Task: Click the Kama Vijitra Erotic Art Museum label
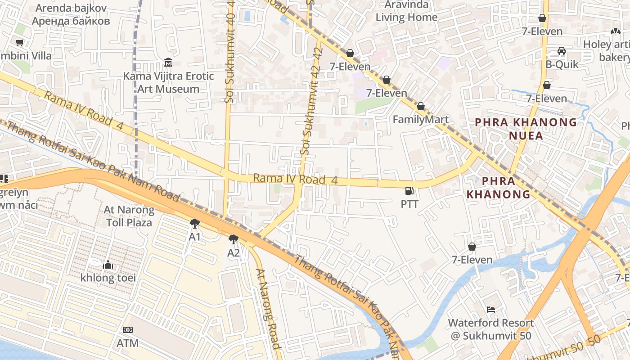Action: (x=168, y=82)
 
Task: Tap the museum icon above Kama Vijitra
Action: (x=168, y=62)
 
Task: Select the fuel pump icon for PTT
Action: (x=409, y=191)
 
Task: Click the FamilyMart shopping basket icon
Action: (x=420, y=107)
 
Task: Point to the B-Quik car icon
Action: (x=562, y=51)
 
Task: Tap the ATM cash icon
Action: (x=128, y=330)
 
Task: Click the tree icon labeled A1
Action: (x=194, y=223)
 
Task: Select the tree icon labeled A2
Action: (x=233, y=239)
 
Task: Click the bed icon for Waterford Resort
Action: (x=490, y=310)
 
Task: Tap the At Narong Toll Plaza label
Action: (x=129, y=216)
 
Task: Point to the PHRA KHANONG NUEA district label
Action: (x=526, y=129)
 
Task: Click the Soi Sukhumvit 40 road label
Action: (x=230, y=52)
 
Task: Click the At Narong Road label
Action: (x=268, y=308)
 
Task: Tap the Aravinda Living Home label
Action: (x=406, y=11)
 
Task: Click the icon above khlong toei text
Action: (x=108, y=265)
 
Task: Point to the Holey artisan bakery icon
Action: (x=615, y=31)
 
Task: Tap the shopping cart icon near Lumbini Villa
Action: (x=19, y=43)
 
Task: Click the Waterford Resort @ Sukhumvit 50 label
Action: (x=490, y=329)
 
